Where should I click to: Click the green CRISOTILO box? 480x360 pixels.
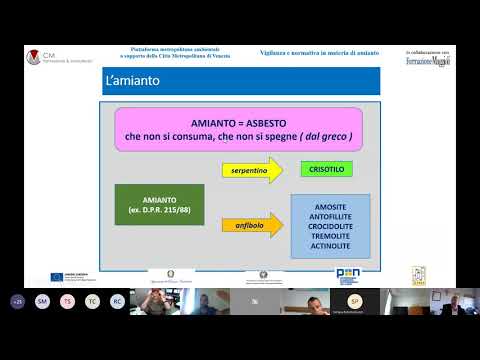coord(326,168)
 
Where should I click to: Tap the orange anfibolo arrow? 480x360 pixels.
coord(250,227)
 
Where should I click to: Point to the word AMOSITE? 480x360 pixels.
coord(328,205)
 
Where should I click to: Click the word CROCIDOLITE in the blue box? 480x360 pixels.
coord(328,226)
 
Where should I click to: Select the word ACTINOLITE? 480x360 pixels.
coord(328,247)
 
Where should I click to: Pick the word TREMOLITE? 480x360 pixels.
coord(328,237)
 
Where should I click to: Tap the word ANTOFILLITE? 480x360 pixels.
coord(328,216)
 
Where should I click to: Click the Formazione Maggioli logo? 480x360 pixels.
coord(427,61)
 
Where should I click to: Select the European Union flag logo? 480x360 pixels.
coord(57,276)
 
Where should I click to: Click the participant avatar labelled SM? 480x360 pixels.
coord(43,300)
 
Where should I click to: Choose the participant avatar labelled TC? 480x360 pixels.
coord(92,300)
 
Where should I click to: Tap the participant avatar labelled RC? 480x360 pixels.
coord(117,300)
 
